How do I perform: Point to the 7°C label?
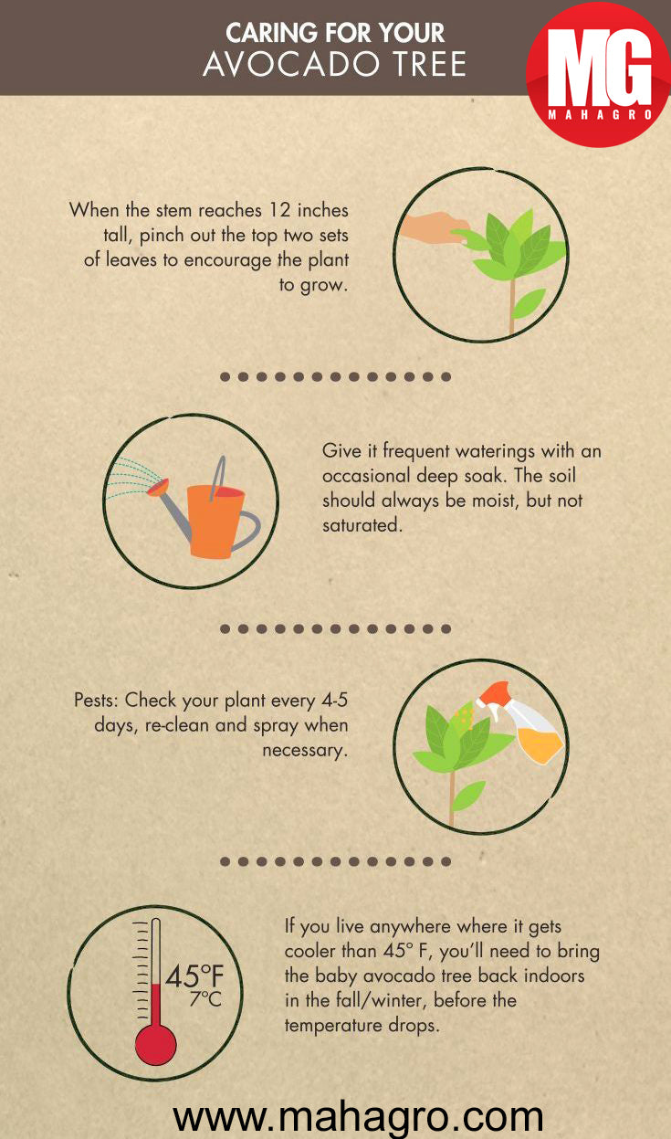(205, 1000)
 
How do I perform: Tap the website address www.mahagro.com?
(358, 1116)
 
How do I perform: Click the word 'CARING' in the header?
(267, 34)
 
